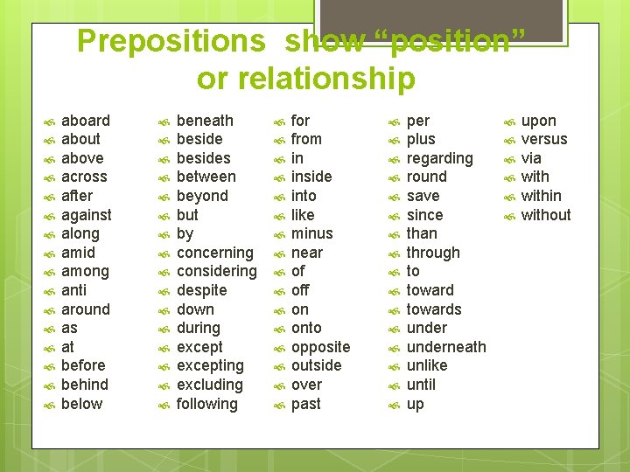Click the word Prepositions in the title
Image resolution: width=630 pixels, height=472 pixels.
[x=170, y=41]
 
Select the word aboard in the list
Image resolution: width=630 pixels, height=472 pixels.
[x=86, y=121]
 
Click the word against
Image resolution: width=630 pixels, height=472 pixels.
[x=87, y=215]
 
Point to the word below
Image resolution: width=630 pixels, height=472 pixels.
[x=82, y=404]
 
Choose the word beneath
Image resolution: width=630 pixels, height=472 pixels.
[x=205, y=121]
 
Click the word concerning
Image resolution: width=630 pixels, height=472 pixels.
[x=214, y=253]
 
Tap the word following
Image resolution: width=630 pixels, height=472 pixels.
[x=206, y=404]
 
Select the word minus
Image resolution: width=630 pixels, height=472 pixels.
[x=312, y=233]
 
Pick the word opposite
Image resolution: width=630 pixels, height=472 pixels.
[x=320, y=347]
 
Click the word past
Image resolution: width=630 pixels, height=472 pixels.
[x=306, y=404]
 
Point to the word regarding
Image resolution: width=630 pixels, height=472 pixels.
[x=439, y=158]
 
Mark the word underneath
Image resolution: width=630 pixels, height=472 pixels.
[x=446, y=347]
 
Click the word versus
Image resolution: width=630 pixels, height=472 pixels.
[x=544, y=139]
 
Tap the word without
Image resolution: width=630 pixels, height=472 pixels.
[x=546, y=215]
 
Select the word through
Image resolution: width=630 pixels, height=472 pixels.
[x=433, y=253]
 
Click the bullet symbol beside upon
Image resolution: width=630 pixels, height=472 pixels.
[x=508, y=121]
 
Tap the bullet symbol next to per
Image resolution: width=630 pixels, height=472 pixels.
[x=394, y=121]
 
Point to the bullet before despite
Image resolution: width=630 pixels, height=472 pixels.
[x=164, y=291]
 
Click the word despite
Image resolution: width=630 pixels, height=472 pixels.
[x=201, y=290]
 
